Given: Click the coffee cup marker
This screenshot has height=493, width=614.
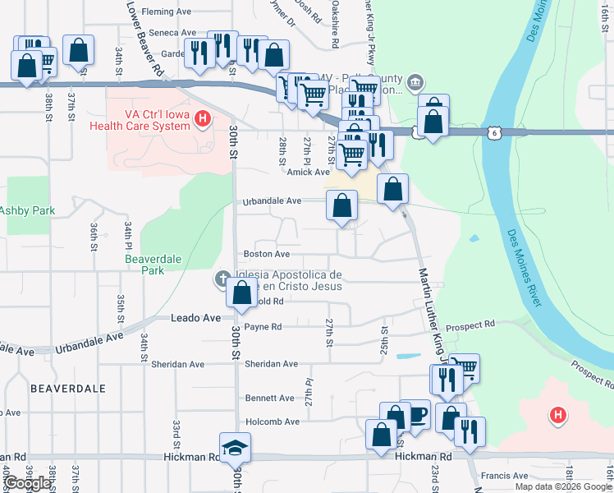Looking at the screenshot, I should pyautogui.click(x=415, y=415).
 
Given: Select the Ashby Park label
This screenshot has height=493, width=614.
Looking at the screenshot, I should pyautogui.click(x=27, y=211).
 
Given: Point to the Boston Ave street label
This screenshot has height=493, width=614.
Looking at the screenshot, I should pyautogui.click(x=266, y=255).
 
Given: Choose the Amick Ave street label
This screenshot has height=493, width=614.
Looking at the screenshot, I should pyautogui.click(x=308, y=172).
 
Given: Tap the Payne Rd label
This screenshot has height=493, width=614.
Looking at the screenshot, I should pyautogui.click(x=263, y=327).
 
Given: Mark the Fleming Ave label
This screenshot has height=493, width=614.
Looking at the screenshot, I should pyautogui.click(x=166, y=12).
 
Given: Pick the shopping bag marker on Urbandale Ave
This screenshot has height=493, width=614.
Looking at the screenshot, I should pyautogui.click(x=341, y=205).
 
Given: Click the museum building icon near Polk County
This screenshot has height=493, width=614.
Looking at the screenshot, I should pyautogui.click(x=415, y=81).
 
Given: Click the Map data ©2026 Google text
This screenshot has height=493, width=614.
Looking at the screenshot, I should pyautogui.click(x=563, y=486).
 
